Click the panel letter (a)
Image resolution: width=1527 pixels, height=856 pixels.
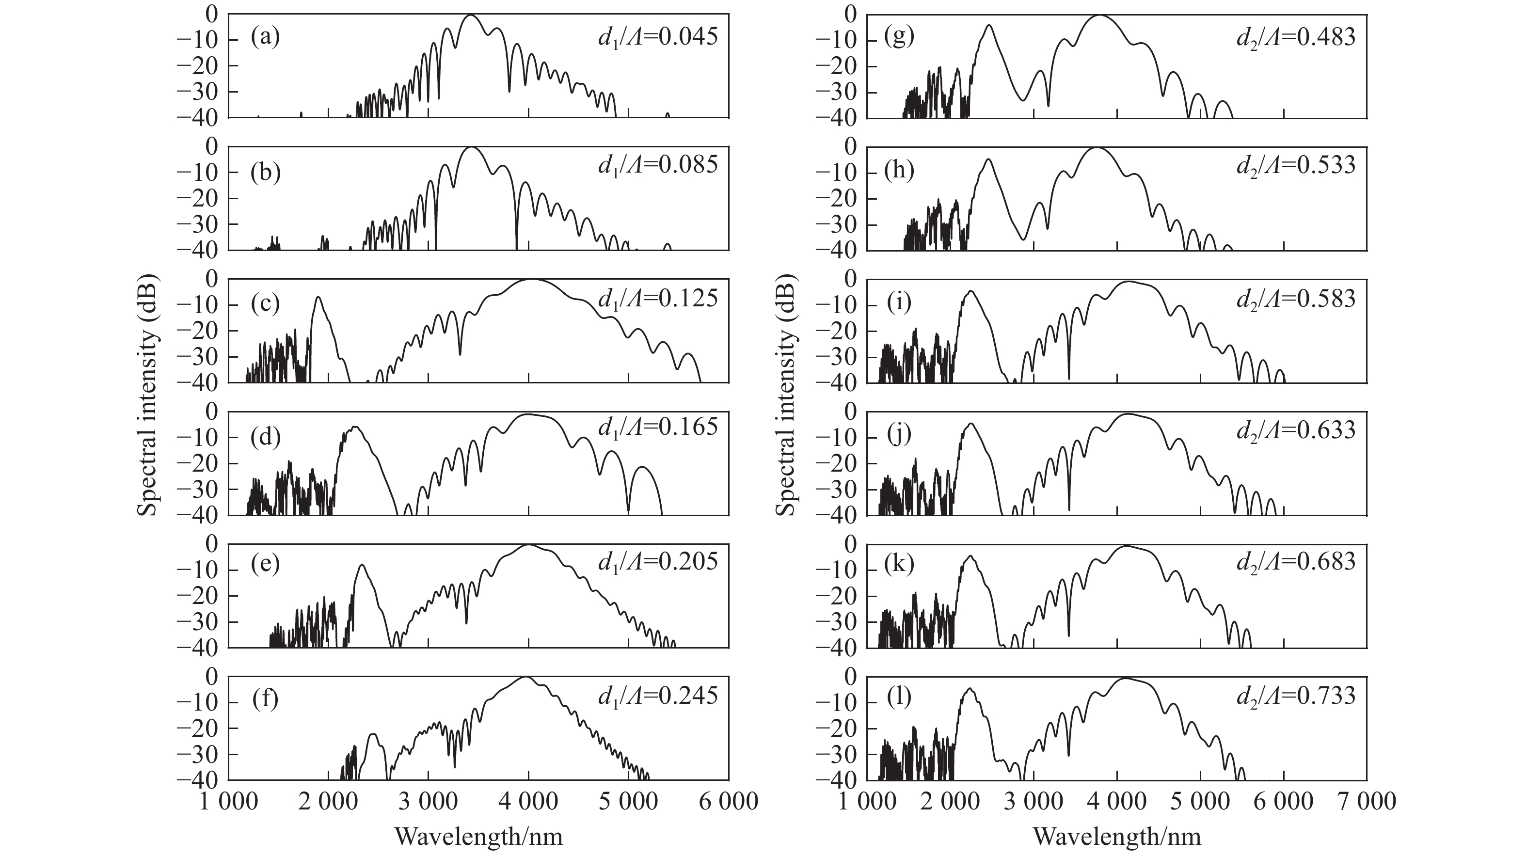tap(265, 37)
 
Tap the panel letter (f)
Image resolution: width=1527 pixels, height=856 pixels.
tap(265, 699)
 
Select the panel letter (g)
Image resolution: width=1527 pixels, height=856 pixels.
tap(899, 37)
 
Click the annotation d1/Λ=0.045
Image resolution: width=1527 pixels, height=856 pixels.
tap(658, 37)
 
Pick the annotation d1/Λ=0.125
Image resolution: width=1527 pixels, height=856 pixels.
tap(658, 299)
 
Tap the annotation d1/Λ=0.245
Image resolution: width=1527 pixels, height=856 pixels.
tap(658, 696)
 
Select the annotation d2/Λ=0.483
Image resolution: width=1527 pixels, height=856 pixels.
tap(1296, 37)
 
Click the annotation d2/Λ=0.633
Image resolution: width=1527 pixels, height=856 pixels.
tap(1296, 430)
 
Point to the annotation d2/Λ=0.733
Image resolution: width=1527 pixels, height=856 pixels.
tap(1296, 696)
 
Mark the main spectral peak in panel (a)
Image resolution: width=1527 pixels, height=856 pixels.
tap(471, 16)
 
